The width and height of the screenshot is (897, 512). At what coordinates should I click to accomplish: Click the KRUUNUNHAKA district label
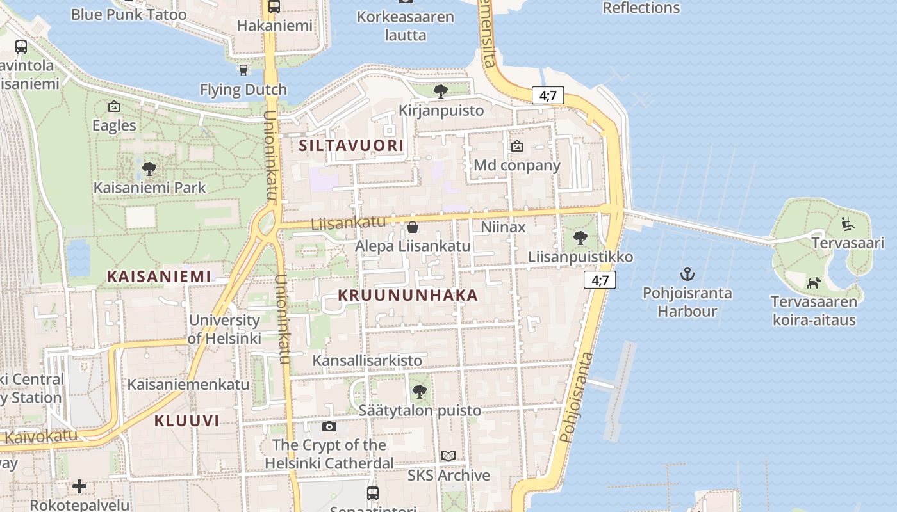tap(407, 295)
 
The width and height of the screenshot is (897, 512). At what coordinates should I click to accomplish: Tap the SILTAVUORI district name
tap(352, 146)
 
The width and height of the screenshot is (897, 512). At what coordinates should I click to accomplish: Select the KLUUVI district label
tap(186, 420)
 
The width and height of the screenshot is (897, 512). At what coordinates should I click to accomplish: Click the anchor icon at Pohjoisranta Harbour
tap(687, 275)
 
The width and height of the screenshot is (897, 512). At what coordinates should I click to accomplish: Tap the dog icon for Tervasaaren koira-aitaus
tap(814, 282)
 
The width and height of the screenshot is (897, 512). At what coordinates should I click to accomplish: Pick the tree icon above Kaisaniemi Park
tap(149, 169)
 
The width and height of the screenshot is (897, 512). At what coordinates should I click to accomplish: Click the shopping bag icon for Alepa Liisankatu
tap(413, 227)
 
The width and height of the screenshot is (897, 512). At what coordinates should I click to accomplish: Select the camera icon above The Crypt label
tap(329, 426)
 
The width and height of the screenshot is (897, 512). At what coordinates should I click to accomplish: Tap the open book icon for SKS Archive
tap(448, 456)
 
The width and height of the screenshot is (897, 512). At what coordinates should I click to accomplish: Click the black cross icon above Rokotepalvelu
tap(79, 486)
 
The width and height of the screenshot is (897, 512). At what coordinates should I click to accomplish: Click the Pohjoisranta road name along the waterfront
tap(575, 397)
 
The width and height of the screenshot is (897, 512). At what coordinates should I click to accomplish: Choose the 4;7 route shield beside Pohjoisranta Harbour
tap(600, 280)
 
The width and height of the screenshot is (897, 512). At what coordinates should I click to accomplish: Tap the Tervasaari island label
tap(848, 243)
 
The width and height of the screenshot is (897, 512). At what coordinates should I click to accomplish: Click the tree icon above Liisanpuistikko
tap(580, 238)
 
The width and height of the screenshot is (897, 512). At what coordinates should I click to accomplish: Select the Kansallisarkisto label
tap(367, 360)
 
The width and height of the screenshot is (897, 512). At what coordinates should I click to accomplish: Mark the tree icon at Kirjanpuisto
tap(440, 92)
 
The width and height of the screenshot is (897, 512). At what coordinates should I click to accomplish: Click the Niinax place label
tap(503, 227)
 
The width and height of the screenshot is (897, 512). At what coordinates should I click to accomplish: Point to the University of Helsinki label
tap(224, 329)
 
